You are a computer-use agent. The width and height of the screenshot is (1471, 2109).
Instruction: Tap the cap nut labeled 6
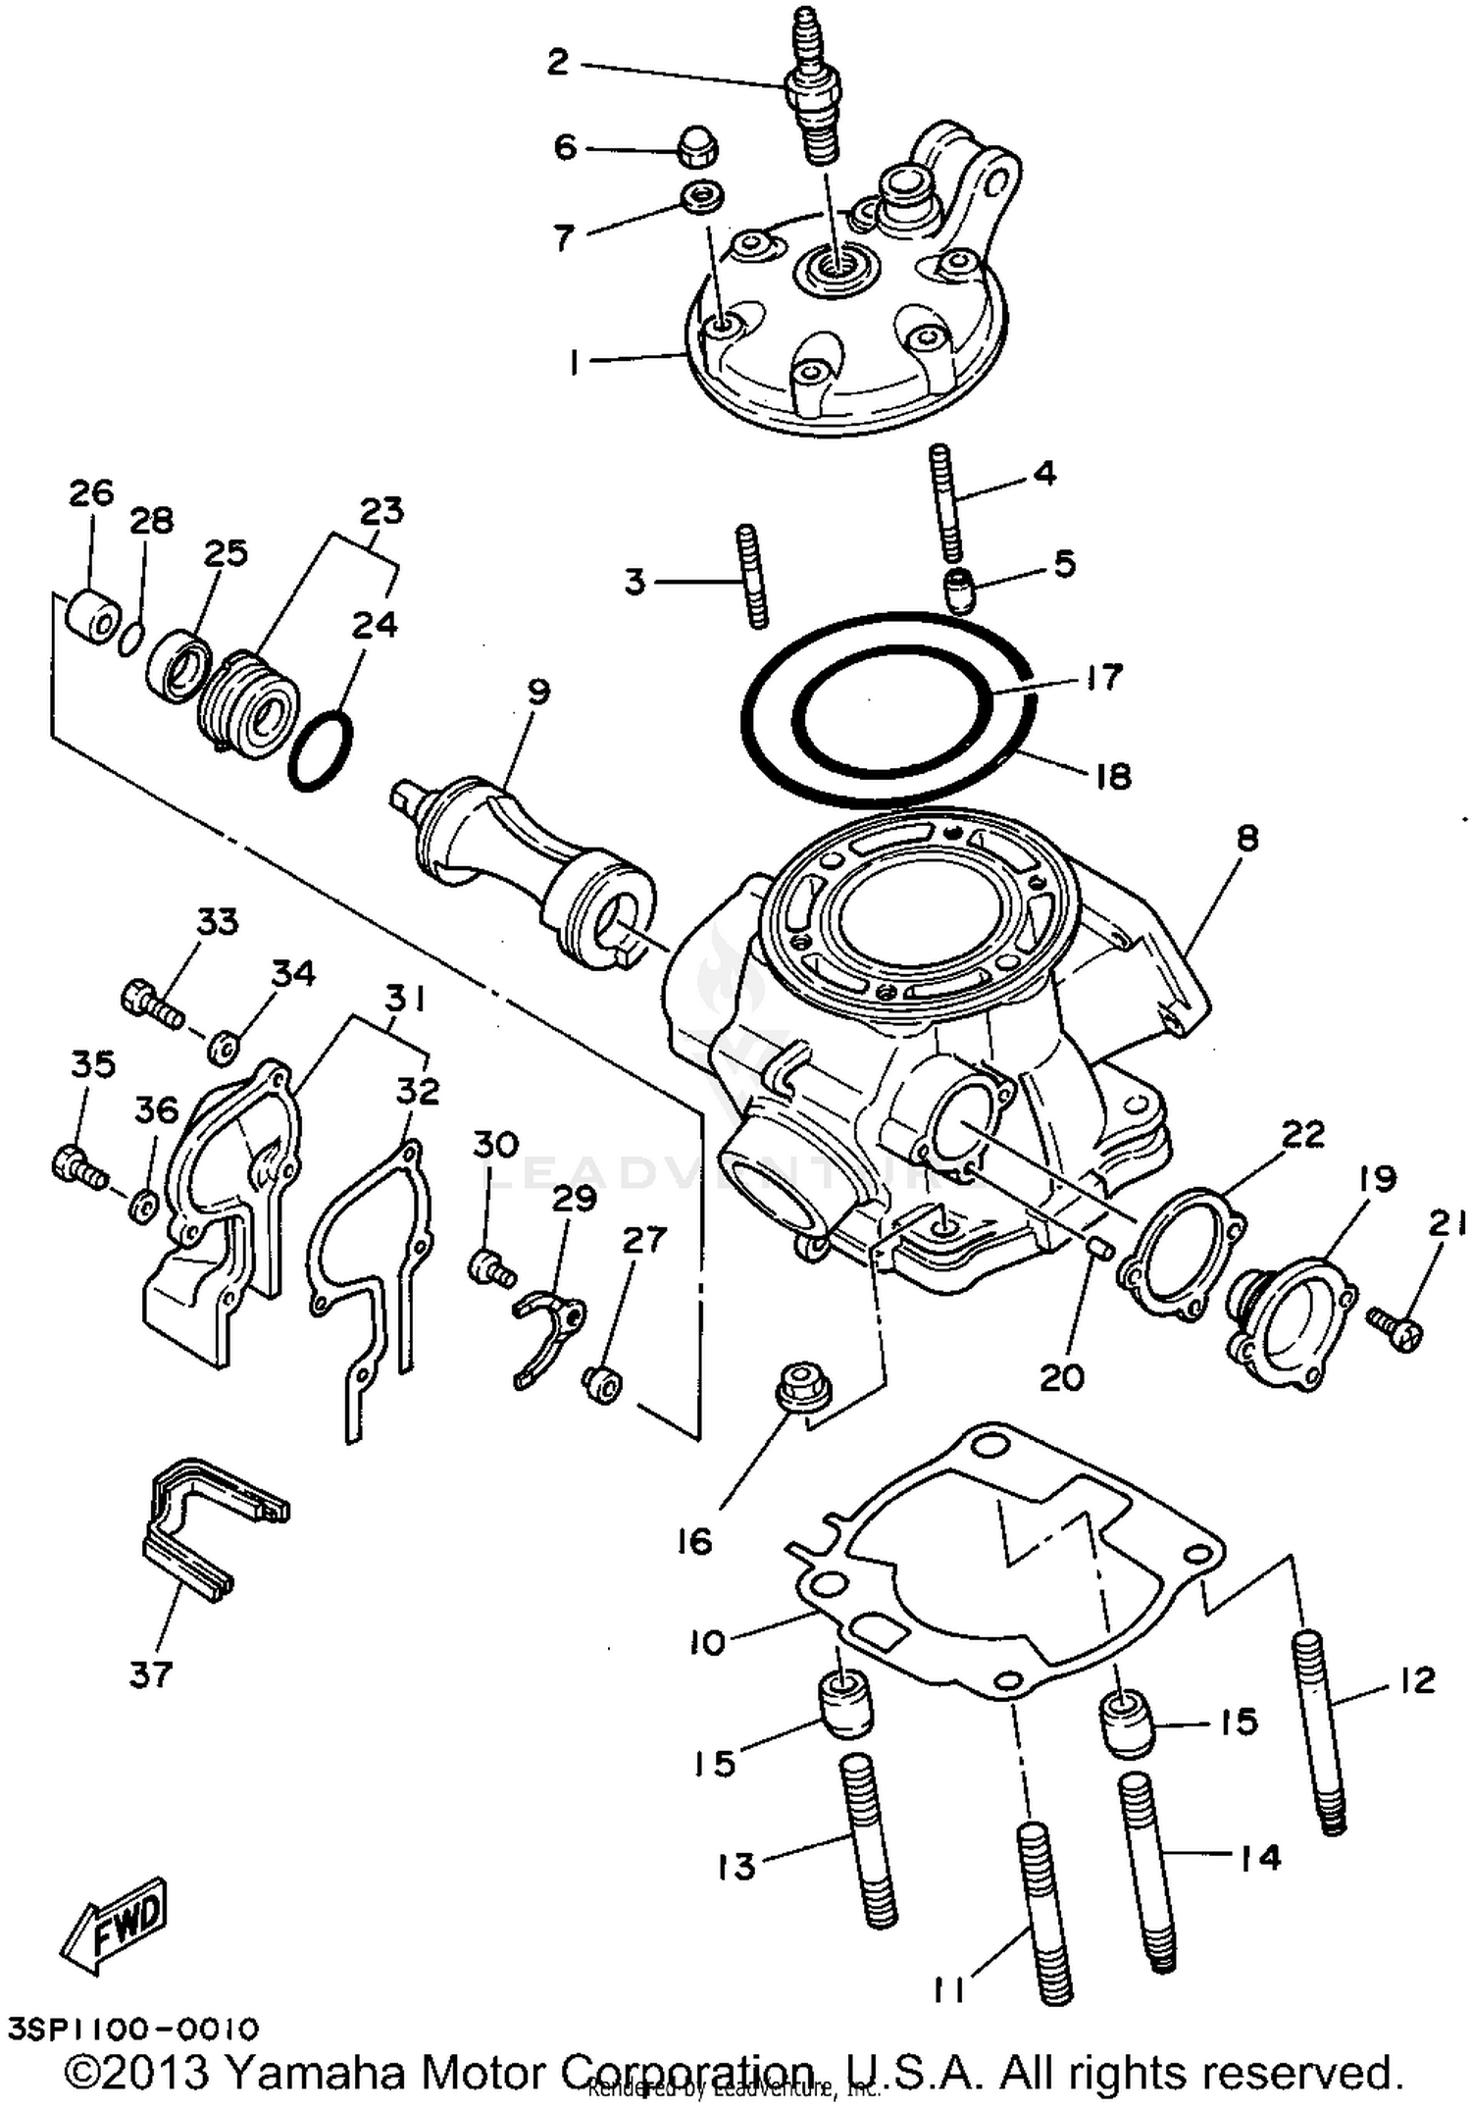[697, 150]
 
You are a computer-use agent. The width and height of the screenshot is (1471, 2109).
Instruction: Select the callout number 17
[1104, 677]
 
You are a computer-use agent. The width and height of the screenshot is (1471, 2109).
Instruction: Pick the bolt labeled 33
[153, 1003]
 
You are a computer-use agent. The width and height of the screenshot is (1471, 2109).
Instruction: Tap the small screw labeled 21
[1395, 1329]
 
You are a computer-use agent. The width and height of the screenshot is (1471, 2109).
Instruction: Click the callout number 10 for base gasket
[706, 1642]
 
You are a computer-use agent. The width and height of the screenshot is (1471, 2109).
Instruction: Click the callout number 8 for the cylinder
[1246, 839]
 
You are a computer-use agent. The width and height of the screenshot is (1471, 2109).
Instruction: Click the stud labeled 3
[750, 576]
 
